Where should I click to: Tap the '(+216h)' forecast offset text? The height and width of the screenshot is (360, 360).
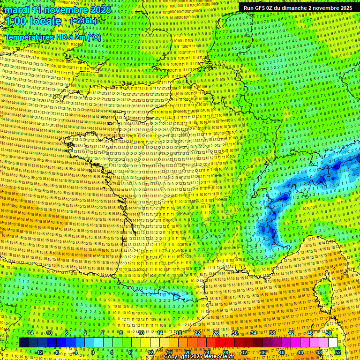84,21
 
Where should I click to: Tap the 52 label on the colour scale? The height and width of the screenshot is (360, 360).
338,352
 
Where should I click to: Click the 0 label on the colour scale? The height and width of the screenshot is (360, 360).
92,352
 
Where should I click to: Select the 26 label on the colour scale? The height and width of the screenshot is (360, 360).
216,333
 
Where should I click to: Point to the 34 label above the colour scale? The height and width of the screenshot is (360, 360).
254,333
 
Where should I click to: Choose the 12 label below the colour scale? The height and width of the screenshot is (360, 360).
150,352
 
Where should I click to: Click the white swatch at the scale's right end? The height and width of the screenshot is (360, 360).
333,343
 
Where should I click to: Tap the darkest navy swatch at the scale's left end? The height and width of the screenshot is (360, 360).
23,343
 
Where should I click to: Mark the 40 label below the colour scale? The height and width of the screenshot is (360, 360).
281,352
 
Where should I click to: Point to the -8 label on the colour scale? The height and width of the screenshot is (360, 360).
56,352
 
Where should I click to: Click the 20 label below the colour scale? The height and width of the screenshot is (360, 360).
187,352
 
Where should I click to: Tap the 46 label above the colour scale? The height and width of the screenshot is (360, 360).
310,333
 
